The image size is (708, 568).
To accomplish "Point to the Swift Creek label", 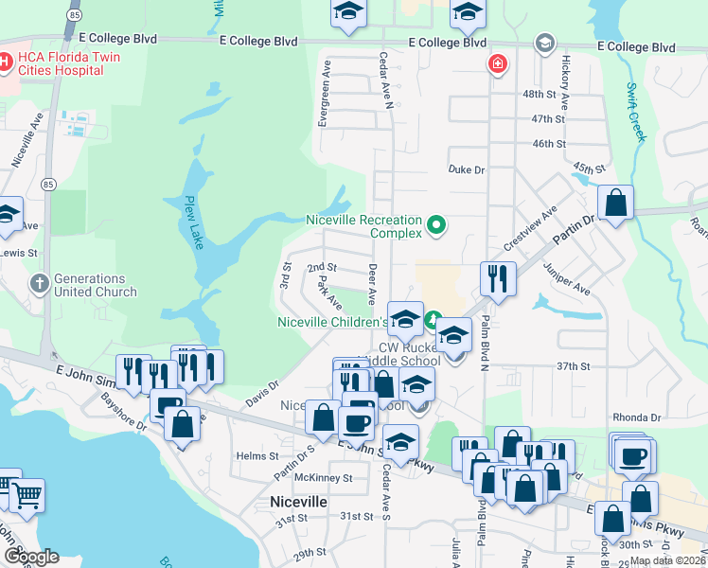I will pyautogui.click(x=635, y=113).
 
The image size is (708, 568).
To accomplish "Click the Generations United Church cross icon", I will pyautogui.click(x=39, y=282).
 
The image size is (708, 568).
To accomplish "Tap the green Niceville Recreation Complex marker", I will pyautogui.click(x=436, y=225).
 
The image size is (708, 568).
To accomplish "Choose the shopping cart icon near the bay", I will pyautogui.click(x=27, y=495).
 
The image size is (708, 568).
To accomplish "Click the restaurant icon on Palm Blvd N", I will pyautogui.click(x=498, y=278).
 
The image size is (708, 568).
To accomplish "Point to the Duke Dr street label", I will pyautogui.click(x=466, y=169).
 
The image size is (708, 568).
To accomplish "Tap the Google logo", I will pyautogui.click(x=31, y=556).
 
